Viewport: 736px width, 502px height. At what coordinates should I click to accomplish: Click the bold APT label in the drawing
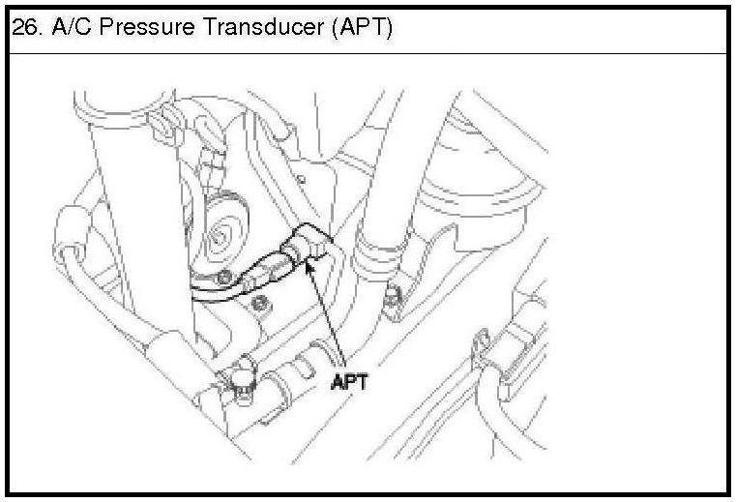pyautogui.click(x=351, y=381)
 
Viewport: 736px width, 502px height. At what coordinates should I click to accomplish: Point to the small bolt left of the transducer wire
pyautogui.click(x=223, y=281)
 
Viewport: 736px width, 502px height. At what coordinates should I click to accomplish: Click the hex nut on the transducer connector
pyautogui.click(x=290, y=255)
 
